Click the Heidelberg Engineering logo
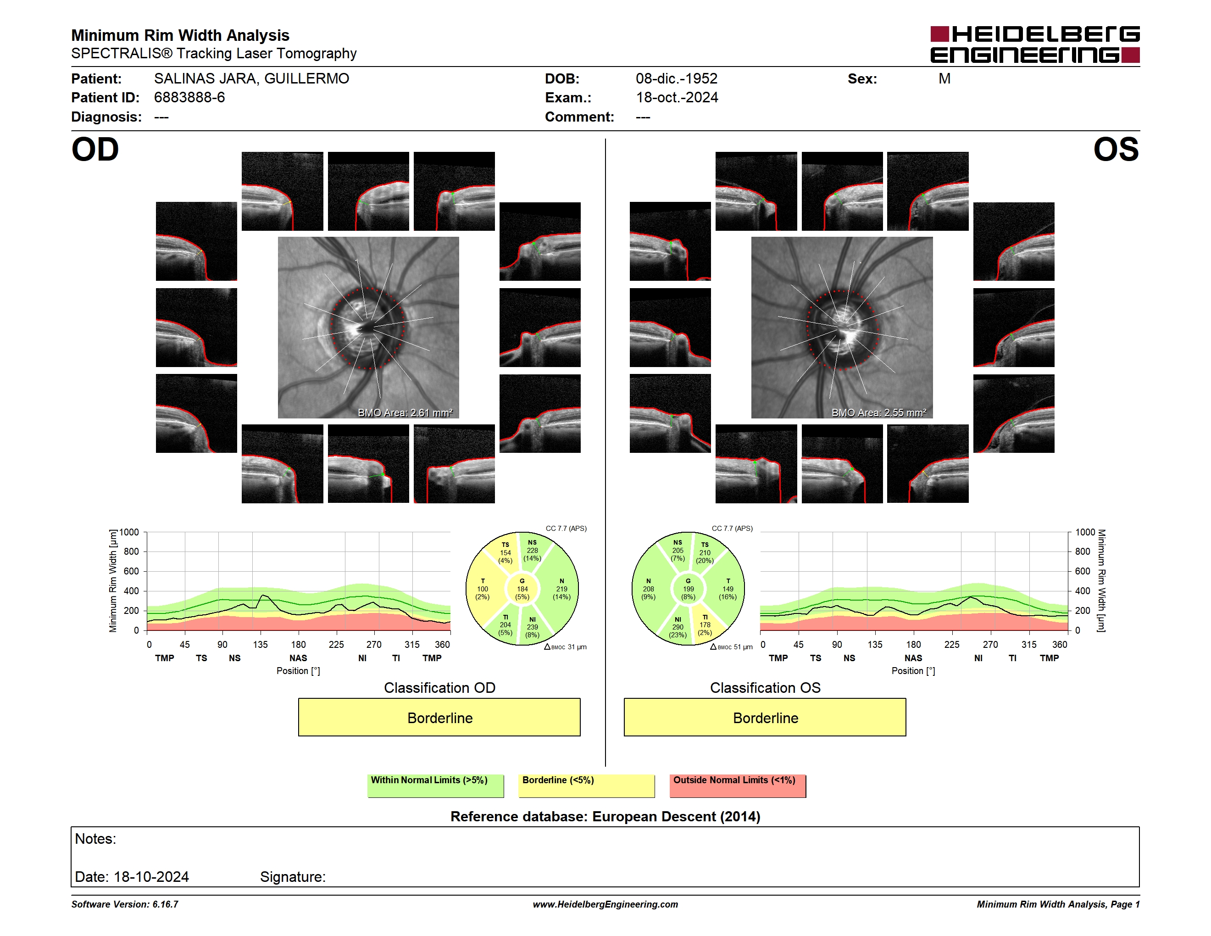(x=1035, y=45)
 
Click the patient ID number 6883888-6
(x=189, y=98)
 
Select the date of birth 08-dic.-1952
(x=676, y=79)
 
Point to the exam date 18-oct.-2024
(x=677, y=98)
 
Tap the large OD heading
(x=95, y=150)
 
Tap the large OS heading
(x=1116, y=150)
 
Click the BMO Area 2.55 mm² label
(x=878, y=412)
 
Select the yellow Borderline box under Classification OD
(x=439, y=717)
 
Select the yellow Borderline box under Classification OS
(x=765, y=717)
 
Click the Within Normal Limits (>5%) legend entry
(x=435, y=786)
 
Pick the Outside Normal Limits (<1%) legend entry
(x=738, y=786)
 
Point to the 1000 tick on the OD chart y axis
(x=129, y=532)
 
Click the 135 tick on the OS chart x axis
(x=875, y=644)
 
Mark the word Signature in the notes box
(x=292, y=877)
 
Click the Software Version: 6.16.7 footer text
(x=125, y=904)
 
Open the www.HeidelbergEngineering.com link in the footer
(x=605, y=904)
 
